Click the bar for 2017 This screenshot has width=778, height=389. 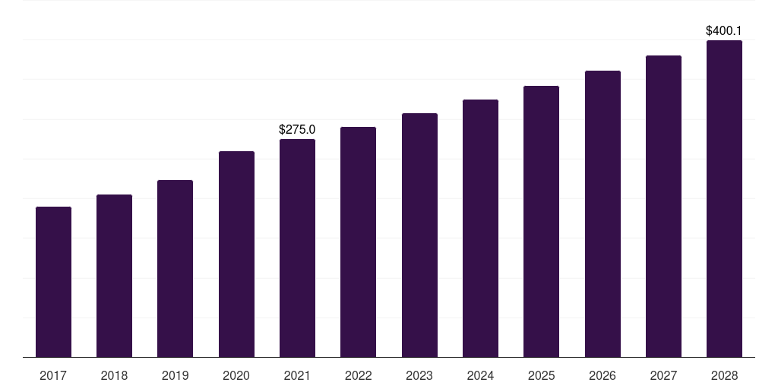(53, 282)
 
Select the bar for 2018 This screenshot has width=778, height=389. (114, 276)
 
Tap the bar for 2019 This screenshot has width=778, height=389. (175, 268)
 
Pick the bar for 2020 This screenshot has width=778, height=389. (236, 254)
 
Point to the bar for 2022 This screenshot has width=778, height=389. (358, 242)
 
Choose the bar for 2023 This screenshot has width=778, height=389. (419, 235)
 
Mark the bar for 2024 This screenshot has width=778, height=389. (480, 228)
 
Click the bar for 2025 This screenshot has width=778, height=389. (541, 221)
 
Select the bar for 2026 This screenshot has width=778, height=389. (602, 213)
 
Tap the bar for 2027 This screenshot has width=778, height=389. (663, 206)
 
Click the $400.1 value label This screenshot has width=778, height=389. (724, 31)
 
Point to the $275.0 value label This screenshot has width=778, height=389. (297, 130)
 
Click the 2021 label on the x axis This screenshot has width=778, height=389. (297, 375)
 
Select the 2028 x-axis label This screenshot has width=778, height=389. (724, 375)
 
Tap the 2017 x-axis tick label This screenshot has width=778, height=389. (53, 375)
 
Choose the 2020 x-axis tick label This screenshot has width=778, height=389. (236, 375)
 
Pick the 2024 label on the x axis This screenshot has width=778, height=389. (480, 375)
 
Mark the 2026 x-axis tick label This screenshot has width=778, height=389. (602, 375)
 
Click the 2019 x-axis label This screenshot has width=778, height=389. (175, 375)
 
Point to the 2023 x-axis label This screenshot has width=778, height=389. (419, 375)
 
